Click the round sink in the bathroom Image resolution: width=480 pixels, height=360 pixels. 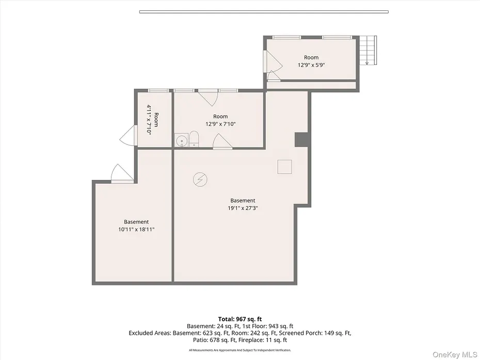[x=182, y=140]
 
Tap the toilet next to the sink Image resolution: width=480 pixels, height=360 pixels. [x=194, y=139]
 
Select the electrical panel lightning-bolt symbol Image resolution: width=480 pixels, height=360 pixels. [x=200, y=179]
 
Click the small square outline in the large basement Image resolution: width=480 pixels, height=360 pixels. [x=285, y=167]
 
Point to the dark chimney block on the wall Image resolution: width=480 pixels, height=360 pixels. [x=301, y=139]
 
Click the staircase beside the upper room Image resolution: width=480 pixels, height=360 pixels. [x=368, y=50]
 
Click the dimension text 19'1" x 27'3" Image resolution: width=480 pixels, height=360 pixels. [x=243, y=208]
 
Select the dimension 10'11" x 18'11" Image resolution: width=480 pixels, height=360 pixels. [x=136, y=230]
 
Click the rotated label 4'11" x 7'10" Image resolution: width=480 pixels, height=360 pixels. [x=149, y=120]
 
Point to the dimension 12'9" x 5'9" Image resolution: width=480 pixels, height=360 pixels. [x=311, y=65]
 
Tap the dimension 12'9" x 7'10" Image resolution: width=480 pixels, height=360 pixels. [x=220, y=124]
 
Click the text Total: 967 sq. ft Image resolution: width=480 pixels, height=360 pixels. [x=240, y=319]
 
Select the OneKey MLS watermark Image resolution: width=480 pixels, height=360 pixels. [x=455, y=354]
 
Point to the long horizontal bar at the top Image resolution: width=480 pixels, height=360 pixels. [x=264, y=12]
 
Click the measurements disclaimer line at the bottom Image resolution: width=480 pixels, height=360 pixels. [x=240, y=350]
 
